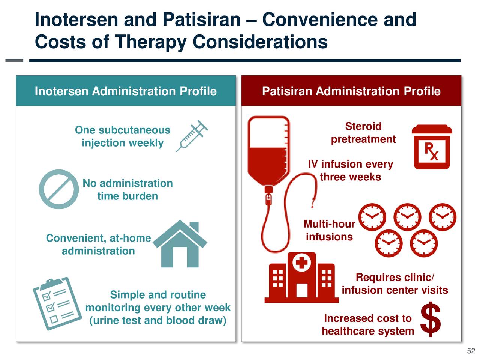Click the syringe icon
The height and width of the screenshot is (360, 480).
coord(192,136)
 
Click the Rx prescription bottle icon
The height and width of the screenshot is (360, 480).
coord(432,147)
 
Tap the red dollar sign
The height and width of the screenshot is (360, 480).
coord(430,319)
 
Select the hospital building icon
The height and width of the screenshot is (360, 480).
coord(301,277)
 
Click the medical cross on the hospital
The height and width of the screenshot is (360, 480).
coord(301,261)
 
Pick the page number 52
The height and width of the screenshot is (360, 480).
coord(471,351)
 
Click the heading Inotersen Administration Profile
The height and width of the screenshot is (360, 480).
coord(126,91)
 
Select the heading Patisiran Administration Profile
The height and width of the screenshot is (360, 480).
coord(351,91)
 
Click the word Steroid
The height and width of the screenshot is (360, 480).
coord(363,126)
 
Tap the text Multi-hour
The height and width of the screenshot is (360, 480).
coord(329,224)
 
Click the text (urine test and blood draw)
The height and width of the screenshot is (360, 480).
coord(158,320)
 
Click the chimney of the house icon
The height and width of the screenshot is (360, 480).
coord(194,226)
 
